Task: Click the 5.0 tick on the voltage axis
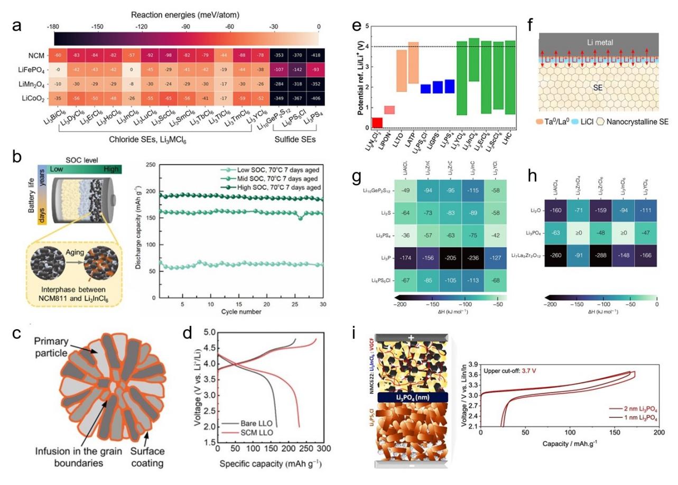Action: tap(208, 332)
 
